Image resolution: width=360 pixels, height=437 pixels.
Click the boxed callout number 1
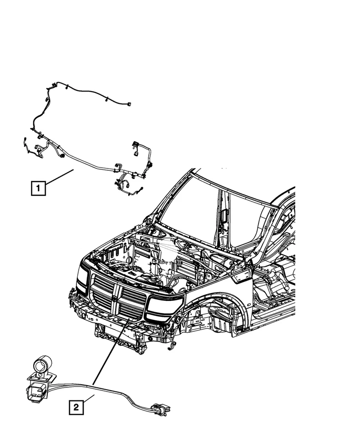coord(38,188)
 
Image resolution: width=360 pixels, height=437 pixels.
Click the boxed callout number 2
coord(76,407)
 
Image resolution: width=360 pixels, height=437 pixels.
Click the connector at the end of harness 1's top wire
coord(130,104)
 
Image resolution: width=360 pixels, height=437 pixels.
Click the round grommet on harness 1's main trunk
coord(61,156)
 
